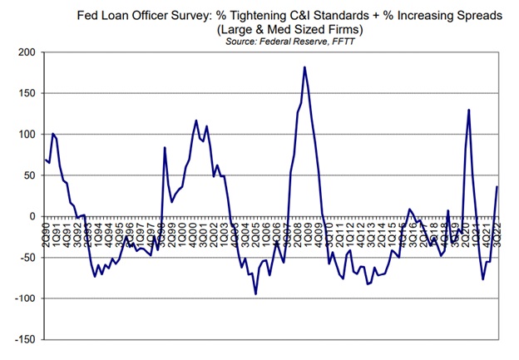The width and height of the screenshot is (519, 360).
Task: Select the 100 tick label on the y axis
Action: click(x=29, y=134)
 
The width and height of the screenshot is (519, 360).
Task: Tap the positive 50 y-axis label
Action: click(x=32, y=175)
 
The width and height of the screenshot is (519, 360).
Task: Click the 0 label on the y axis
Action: click(x=35, y=216)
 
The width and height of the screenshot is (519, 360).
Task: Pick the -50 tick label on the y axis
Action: click(x=30, y=257)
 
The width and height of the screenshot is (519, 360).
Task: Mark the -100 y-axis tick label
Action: click(x=27, y=298)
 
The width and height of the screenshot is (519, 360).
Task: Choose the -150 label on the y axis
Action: click(x=27, y=339)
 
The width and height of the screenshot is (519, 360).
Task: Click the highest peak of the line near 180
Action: click(x=304, y=67)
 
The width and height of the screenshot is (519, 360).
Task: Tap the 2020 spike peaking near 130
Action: click(x=469, y=110)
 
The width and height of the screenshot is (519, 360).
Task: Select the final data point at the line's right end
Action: click(x=497, y=186)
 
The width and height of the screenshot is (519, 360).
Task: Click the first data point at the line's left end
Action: click(x=45, y=160)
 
